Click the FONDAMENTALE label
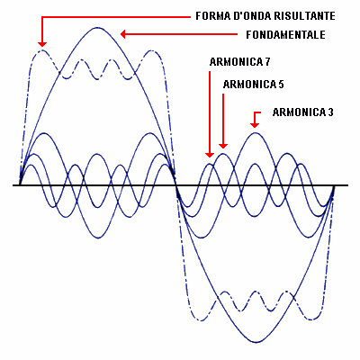click(x=285, y=35)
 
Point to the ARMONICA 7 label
click(x=239, y=62)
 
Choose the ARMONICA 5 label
click(x=254, y=85)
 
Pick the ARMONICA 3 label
click(x=303, y=112)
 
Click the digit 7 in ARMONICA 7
click(x=267, y=62)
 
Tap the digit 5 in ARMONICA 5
click(x=281, y=85)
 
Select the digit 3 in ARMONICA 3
click(x=330, y=112)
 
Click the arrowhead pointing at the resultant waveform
click(x=42, y=44)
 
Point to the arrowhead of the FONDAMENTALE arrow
click(x=123, y=34)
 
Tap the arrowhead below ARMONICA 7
click(x=210, y=154)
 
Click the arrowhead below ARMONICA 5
click(x=223, y=145)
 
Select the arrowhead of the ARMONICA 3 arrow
click(x=255, y=124)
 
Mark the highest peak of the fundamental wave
click(x=97, y=28)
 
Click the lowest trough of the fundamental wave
click(x=256, y=342)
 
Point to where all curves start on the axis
click(x=20, y=184)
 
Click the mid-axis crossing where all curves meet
click(x=175, y=185)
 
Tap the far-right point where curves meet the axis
click(x=334, y=185)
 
